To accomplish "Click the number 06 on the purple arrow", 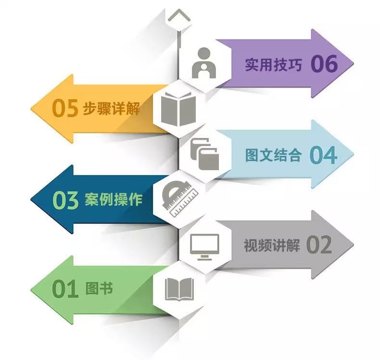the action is click(324, 64).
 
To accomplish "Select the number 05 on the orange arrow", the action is click(64, 109).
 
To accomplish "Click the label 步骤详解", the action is click(111, 109).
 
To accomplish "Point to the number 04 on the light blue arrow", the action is click(323, 155).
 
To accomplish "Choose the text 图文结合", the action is click(273, 155).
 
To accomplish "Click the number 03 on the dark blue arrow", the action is click(65, 200).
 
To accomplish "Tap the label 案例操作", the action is click(114, 199).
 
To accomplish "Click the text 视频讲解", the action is click(272, 246).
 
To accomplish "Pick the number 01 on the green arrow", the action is click(65, 290).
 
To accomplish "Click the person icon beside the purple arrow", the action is click(204, 63).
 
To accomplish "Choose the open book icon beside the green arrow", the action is click(179, 289).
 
